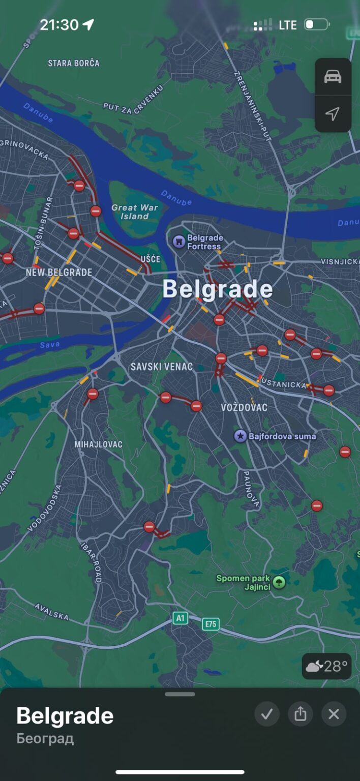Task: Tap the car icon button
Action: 333,77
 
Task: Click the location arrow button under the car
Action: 333,114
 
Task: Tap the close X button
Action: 334,714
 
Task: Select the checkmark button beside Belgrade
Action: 267,714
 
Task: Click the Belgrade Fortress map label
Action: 204,242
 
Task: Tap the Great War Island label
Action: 134,212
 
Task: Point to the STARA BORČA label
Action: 74,63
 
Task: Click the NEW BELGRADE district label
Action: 59,273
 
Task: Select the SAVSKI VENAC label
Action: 162,367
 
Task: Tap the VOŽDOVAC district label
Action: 244,407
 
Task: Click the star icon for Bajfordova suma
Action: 240,436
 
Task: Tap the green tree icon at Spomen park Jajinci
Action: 279,582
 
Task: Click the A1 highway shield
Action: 180,618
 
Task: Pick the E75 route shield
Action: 211,624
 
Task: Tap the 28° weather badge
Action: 326,666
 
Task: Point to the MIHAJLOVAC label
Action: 99,444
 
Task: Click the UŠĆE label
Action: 150,259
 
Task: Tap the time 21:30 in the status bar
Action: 59,24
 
